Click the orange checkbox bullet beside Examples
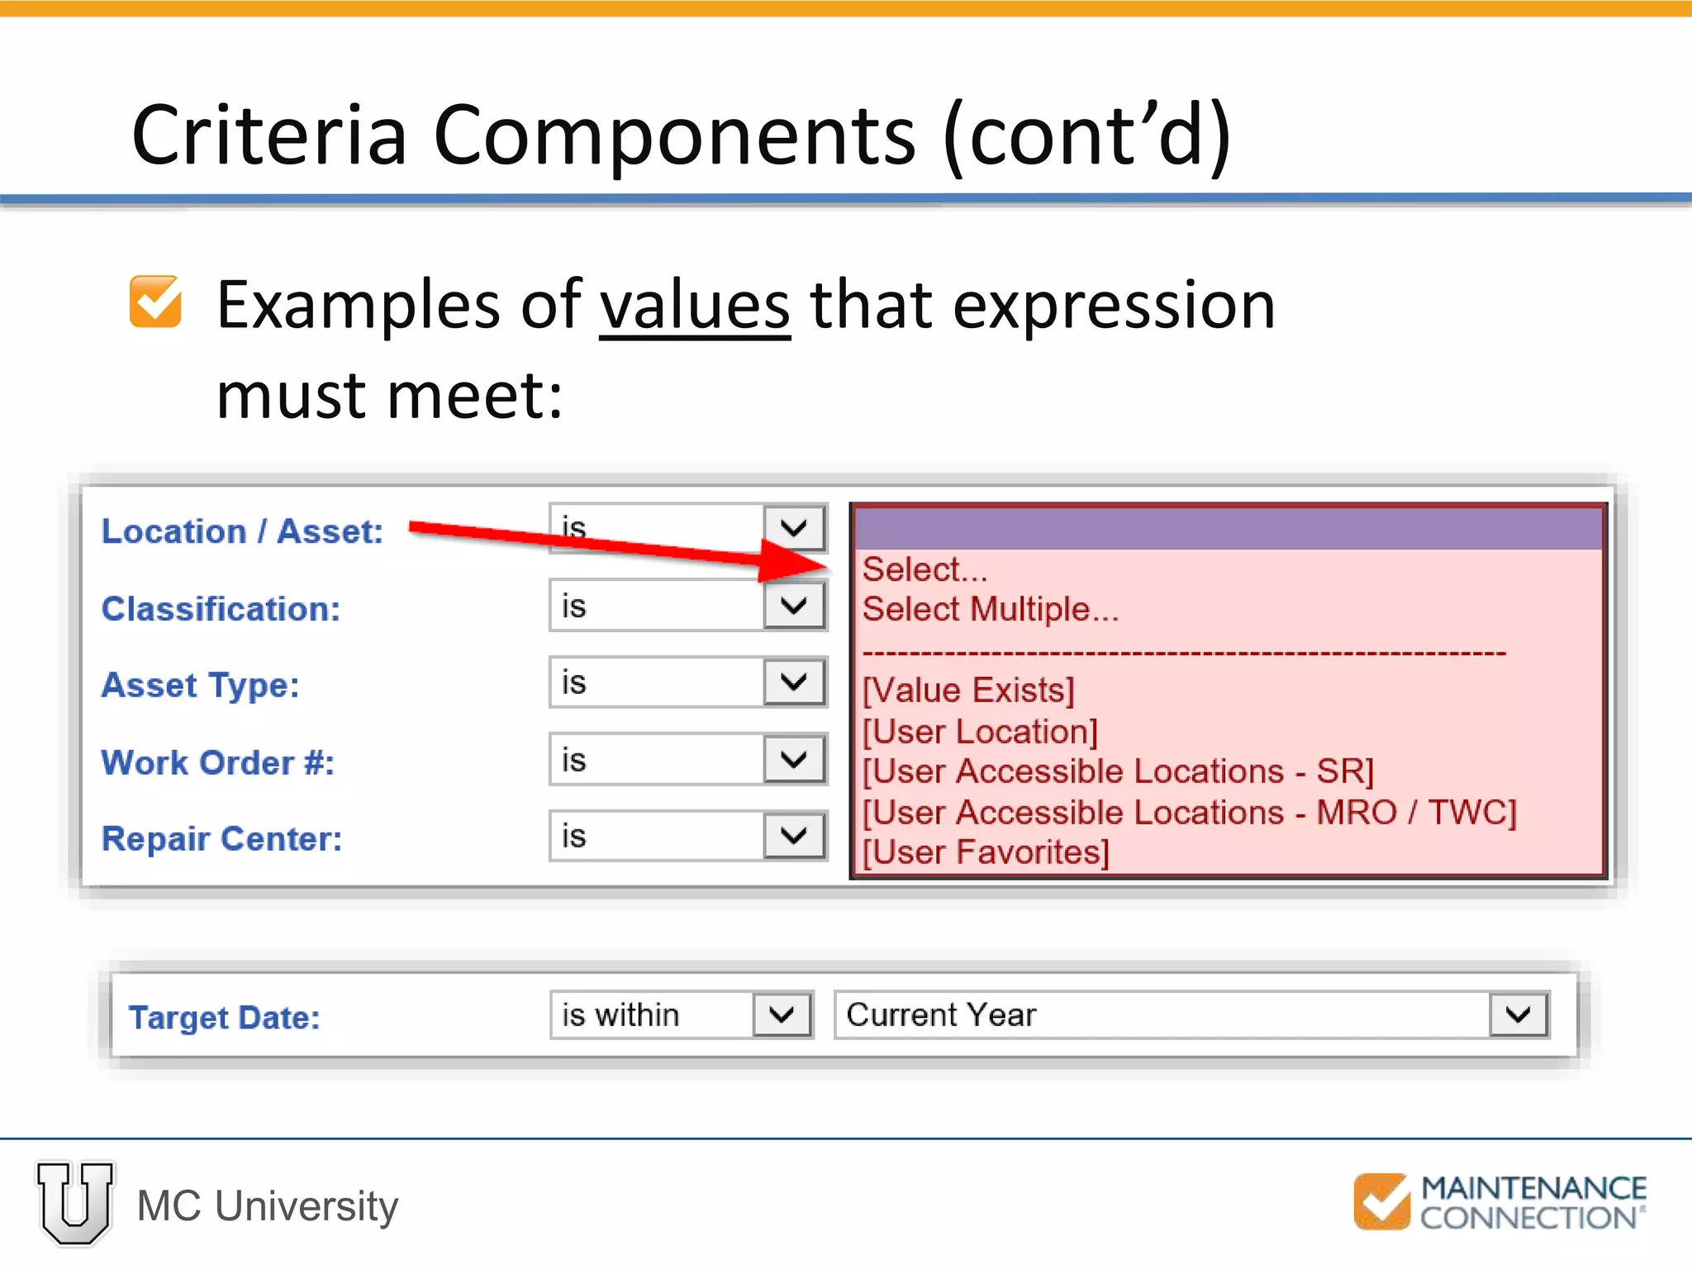pos(155,302)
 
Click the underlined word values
pos(694,306)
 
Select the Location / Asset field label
pos(242,531)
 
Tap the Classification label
pos(221,609)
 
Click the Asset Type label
pos(200,685)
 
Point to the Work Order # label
pos(217,763)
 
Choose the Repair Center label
pos(221,839)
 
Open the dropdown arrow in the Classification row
pos(794,606)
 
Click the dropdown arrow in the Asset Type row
pos(794,682)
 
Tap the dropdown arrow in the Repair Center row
pos(794,836)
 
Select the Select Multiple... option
pos(990,610)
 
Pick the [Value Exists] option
pos(968,690)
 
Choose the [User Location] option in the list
pos(980,731)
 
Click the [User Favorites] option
pos(986,852)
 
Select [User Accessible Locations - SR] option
pos(1118,771)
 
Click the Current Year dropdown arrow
pos(1518,1015)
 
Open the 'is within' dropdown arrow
pos(781,1015)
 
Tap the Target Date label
pos(224,1017)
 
